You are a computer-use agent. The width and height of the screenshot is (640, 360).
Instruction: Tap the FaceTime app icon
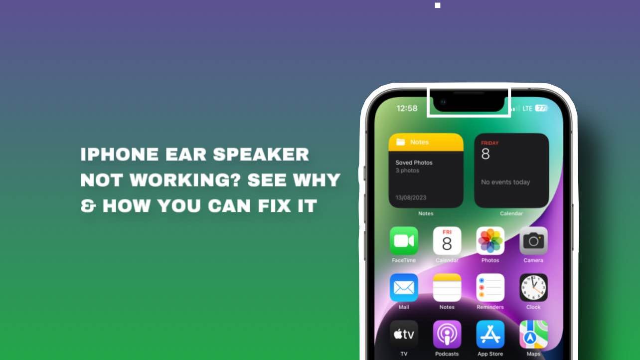(404, 240)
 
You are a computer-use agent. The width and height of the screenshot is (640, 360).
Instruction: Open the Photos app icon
(490, 240)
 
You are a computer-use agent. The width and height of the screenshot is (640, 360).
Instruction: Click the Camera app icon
(533, 240)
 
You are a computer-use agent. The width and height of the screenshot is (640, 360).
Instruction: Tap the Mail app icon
(404, 287)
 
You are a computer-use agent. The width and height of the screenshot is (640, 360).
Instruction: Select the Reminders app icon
(490, 287)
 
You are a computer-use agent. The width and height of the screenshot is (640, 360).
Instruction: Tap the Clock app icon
(533, 287)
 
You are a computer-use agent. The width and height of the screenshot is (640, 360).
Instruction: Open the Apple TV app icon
(404, 334)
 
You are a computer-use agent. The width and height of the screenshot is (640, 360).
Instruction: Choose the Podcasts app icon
(447, 334)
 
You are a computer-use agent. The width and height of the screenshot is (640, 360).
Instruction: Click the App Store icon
(490, 334)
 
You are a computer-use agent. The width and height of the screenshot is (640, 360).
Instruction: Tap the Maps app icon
(533, 334)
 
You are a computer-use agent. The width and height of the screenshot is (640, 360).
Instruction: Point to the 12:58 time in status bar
(407, 108)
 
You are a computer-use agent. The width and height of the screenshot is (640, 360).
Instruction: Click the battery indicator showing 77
(541, 108)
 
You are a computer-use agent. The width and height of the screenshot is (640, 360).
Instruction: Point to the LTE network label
(527, 108)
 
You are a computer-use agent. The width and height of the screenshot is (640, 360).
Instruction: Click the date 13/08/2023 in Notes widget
(411, 197)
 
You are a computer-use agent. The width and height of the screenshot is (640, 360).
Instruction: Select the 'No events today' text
(505, 182)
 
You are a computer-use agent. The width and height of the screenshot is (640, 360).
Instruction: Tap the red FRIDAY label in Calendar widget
(489, 143)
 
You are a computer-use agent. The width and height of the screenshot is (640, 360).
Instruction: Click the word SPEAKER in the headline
(261, 154)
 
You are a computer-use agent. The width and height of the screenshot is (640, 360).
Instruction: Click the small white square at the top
(438, 5)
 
